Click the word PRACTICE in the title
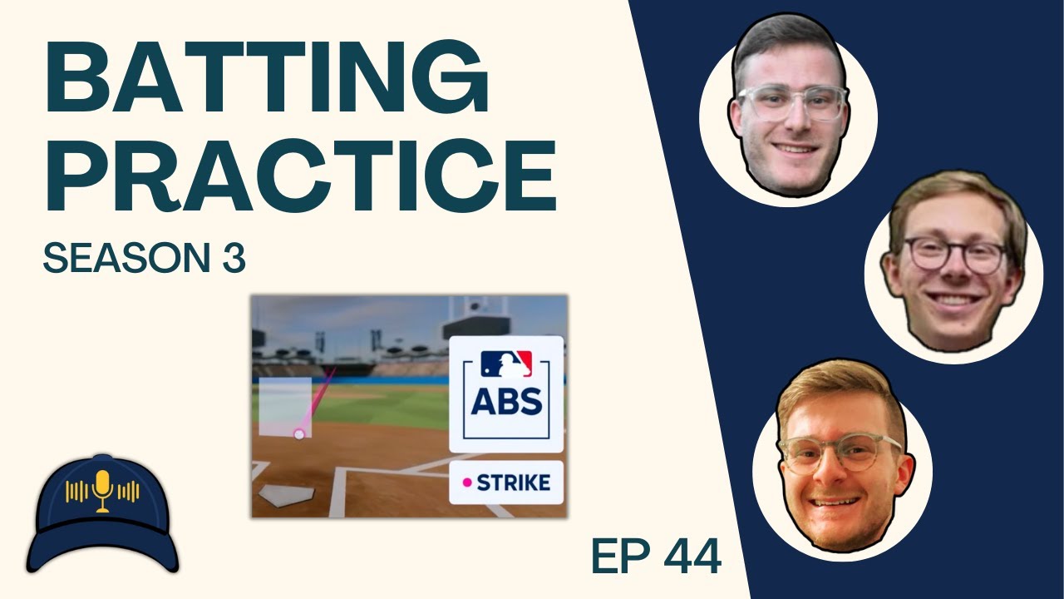(x=299, y=176)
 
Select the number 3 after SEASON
(x=233, y=260)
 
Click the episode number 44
(x=692, y=556)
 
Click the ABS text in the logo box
(x=506, y=402)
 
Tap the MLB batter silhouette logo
(x=506, y=364)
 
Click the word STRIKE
(x=513, y=483)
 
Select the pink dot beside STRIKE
(x=467, y=483)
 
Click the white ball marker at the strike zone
(x=299, y=433)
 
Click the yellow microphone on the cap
(x=103, y=491)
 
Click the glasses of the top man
(x=791, y=104)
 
